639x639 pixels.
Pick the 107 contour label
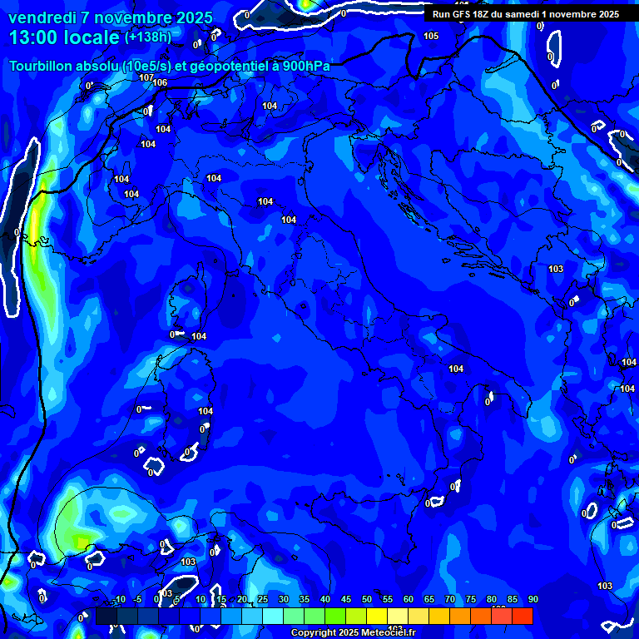tap(146, 77)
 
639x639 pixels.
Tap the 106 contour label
tap(160, 82)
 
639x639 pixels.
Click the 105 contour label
tap(431, 36)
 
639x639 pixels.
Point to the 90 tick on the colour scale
tap(532, 600)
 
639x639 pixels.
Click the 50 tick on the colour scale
tap(366, 600)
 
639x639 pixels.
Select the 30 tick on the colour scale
tap(283, 600)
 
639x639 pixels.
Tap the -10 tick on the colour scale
tap(118, 600)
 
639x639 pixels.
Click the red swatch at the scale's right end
tap(522, 616)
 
